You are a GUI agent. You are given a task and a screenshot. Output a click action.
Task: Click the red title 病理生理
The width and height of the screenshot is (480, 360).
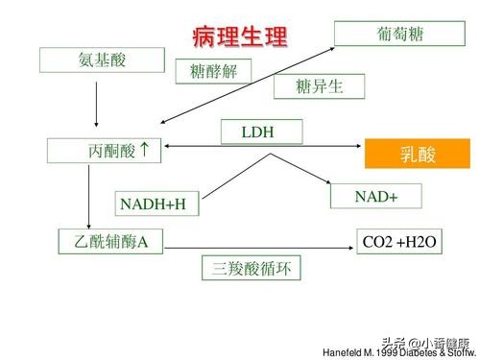pyautogui.click(x=239, y=37)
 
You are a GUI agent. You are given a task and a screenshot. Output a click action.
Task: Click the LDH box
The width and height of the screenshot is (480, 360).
pyautogui.click(x=260, y=132)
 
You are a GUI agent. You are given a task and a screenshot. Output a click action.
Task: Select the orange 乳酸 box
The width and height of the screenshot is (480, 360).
pyautogui.click(x=418, y=154)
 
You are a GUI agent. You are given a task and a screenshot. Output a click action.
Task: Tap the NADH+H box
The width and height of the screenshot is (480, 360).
pyautogui.click(x=153, y=204)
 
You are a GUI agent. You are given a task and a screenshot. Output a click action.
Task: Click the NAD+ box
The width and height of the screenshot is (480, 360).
pyautogui.click(x=375, y=196)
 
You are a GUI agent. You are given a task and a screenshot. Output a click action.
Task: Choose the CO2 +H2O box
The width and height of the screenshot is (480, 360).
pyautogui.click(x=400, y=243)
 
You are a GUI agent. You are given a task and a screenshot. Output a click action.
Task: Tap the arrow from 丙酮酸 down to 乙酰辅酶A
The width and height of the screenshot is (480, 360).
pyautogui.click(x=88, y=196)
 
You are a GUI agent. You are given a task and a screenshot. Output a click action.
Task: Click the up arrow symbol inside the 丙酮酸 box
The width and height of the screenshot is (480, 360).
pyautogui.click(x=143, y=150)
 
